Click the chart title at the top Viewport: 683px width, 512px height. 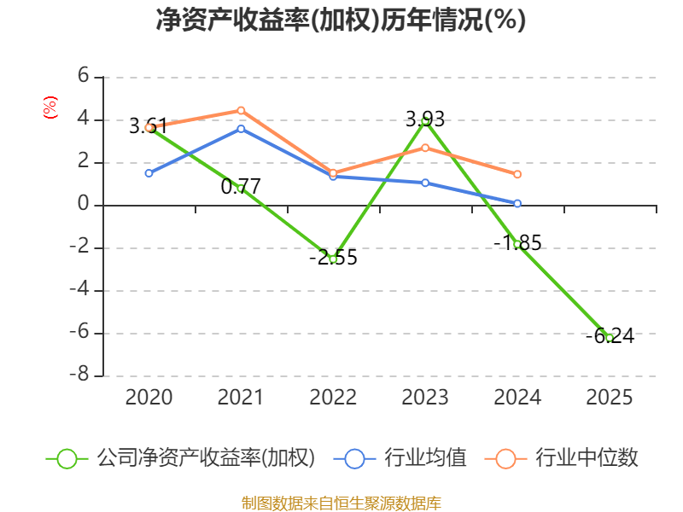pyautogui.click(x=341, y=20)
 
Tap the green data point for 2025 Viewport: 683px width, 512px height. pyautogui.click(x=610, y=338)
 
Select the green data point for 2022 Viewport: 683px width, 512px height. pyautogui.click(x=333, y=259)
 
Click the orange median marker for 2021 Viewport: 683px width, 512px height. pyautogui.click(x=241, y=111)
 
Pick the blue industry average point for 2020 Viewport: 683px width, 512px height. pyautogui.click(x=149, y=173)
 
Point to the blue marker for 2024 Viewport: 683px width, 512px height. pyautogui.click(x=517, y=203)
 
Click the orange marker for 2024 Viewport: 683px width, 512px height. pyautogui.click(x=517, y=174)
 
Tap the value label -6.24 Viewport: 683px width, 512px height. pyautogui.click(x=610, y=335)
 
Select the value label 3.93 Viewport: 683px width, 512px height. pyautogui.click(x=425, y=119)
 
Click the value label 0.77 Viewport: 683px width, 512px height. pyautogui.click(x=241, y=187)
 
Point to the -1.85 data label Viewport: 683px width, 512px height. pyautogui.click(x=517, y=242)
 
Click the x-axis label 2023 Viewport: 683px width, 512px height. pyautogui.click(x=425, y=397)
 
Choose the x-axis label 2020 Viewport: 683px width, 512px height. pyautogui.click(x=149, y=397)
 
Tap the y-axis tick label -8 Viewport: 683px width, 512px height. pyautogui.click(x=79, y=374)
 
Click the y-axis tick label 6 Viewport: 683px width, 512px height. pyautogui.click(x=83, y=75)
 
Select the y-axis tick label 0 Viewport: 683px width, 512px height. pyautogui.click(x=83, y=203)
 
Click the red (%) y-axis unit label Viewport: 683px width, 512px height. pyautogui.click(x=50, y=108)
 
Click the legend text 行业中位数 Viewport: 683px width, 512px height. pyautogui.click(x=587, y=457)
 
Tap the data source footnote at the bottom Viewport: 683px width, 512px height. pyautogui.click(x=341, y=503)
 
